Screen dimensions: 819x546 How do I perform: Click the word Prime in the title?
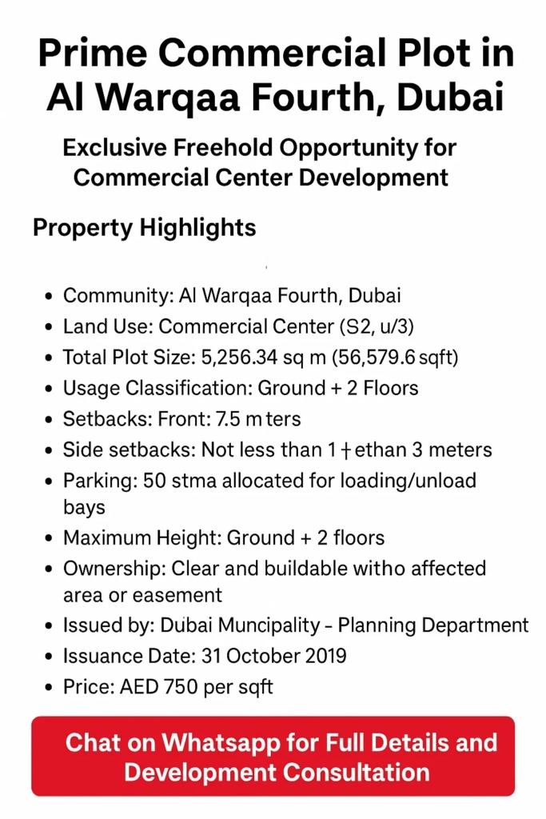[93, 54]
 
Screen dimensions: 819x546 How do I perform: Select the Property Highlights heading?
[144, 228]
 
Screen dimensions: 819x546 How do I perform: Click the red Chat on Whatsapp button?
[273, 757]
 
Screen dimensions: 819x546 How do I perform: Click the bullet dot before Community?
[48, 296]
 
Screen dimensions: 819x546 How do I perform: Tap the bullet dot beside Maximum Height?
[48, 538]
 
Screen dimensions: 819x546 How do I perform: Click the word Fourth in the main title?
[301, 97]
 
